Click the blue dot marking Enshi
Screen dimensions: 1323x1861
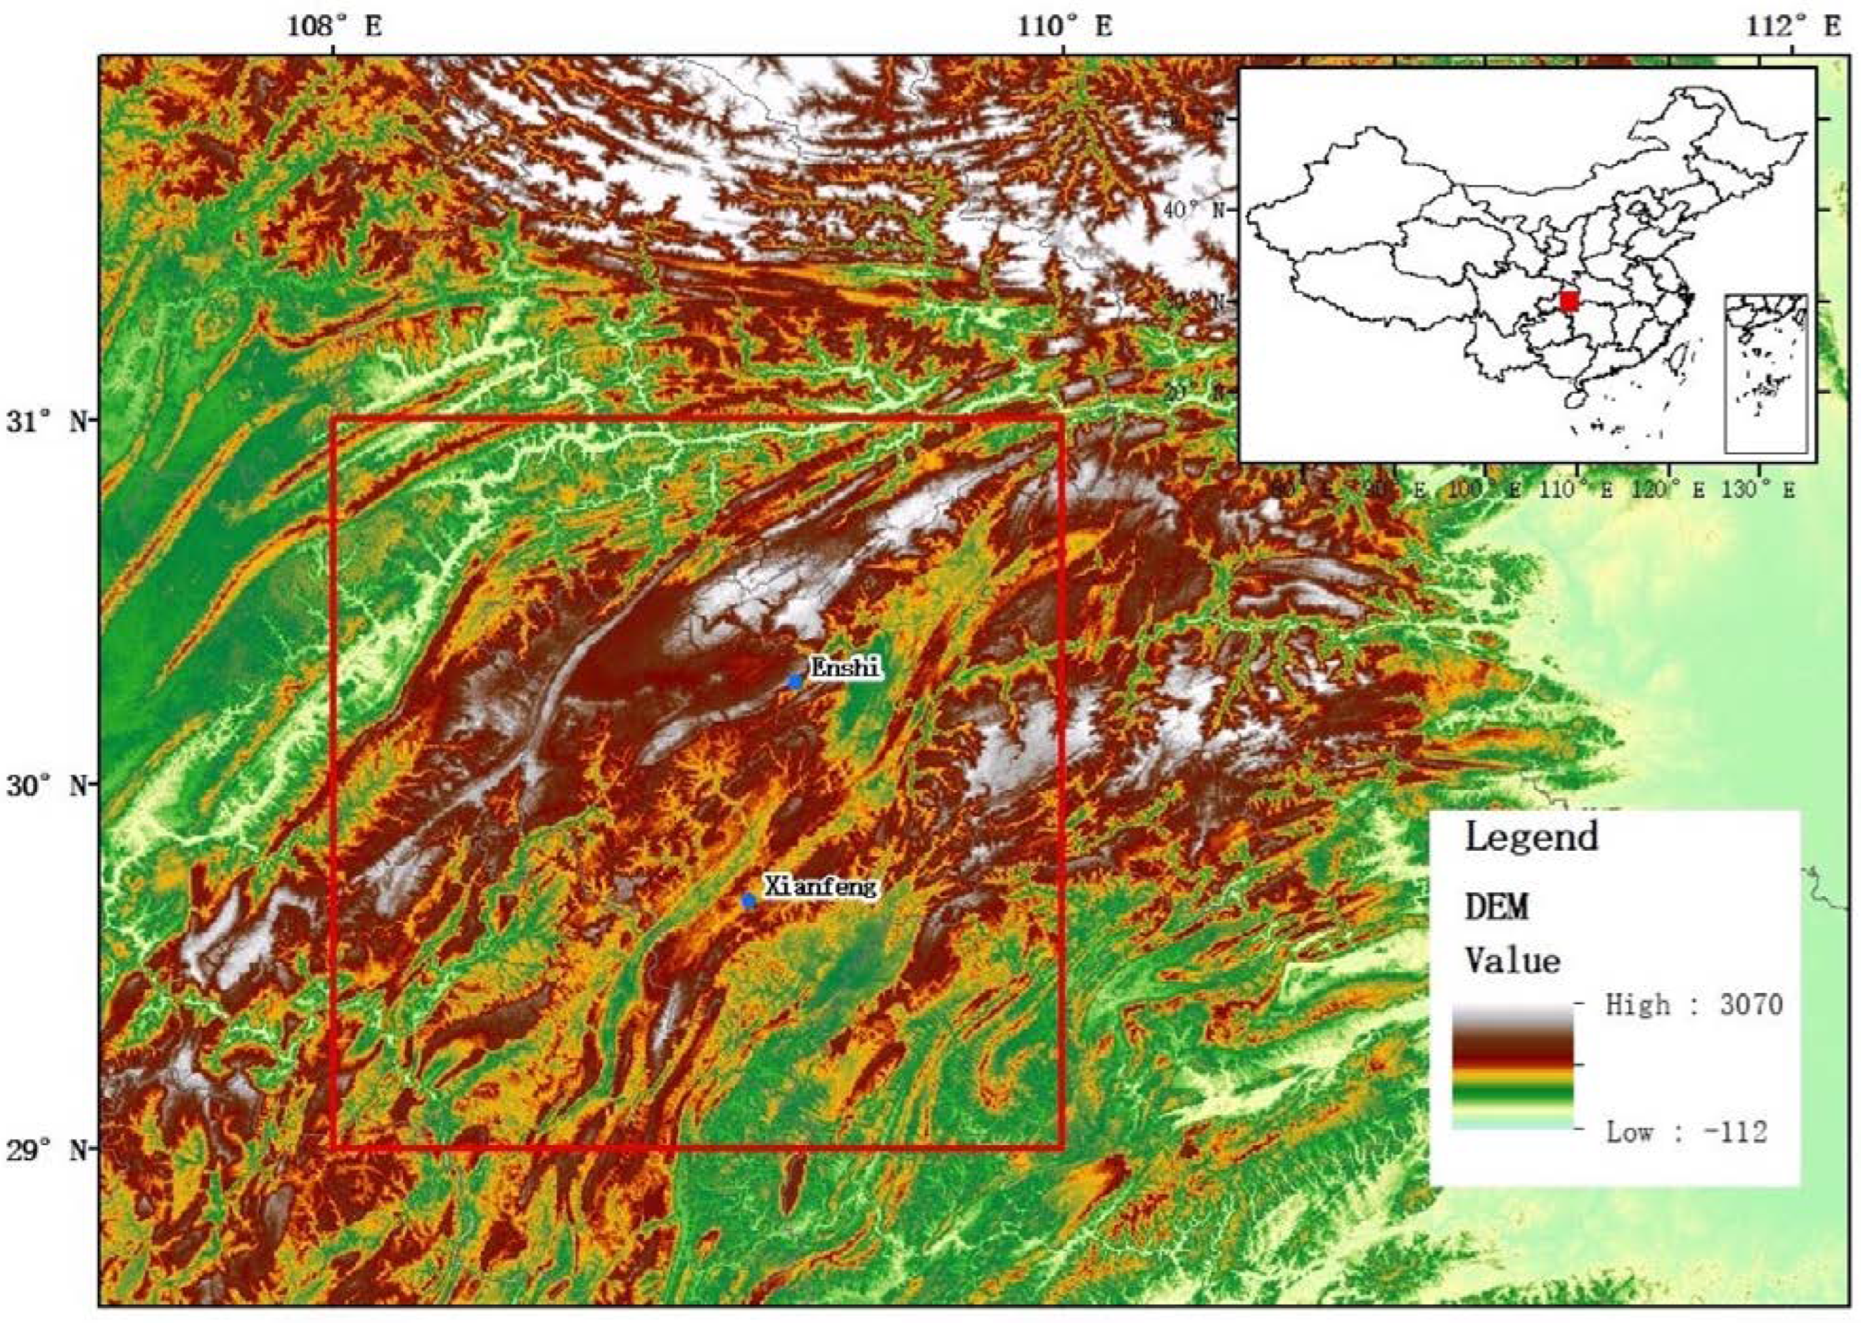795,681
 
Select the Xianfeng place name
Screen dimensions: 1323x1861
820,886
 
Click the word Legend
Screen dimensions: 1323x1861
1531,837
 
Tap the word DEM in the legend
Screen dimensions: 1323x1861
1497,906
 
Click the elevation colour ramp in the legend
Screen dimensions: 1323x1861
1512,1067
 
